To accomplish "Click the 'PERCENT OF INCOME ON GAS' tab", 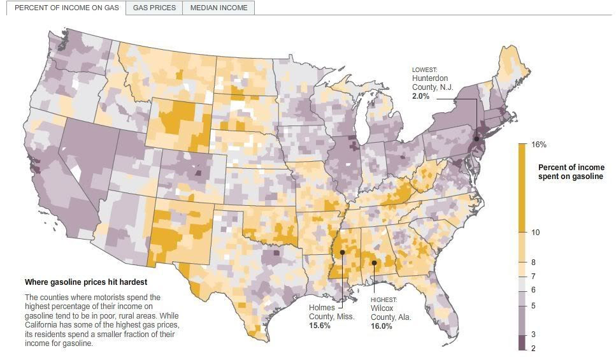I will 67,8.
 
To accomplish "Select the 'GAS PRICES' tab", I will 154,8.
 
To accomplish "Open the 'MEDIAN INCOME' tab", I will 218,8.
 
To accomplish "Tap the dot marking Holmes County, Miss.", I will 343,252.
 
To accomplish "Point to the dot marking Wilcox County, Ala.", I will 375,263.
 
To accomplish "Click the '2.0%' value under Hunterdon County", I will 421,96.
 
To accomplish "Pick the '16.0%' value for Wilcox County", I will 381,326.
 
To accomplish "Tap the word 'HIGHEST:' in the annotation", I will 383,299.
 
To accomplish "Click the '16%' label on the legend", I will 539,145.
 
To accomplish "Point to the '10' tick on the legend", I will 535,233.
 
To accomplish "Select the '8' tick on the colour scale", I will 533,263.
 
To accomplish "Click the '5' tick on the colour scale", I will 533,306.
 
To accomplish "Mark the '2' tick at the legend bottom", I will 533,347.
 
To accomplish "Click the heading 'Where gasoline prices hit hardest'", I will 85,282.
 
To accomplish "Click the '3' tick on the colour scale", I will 533,334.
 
